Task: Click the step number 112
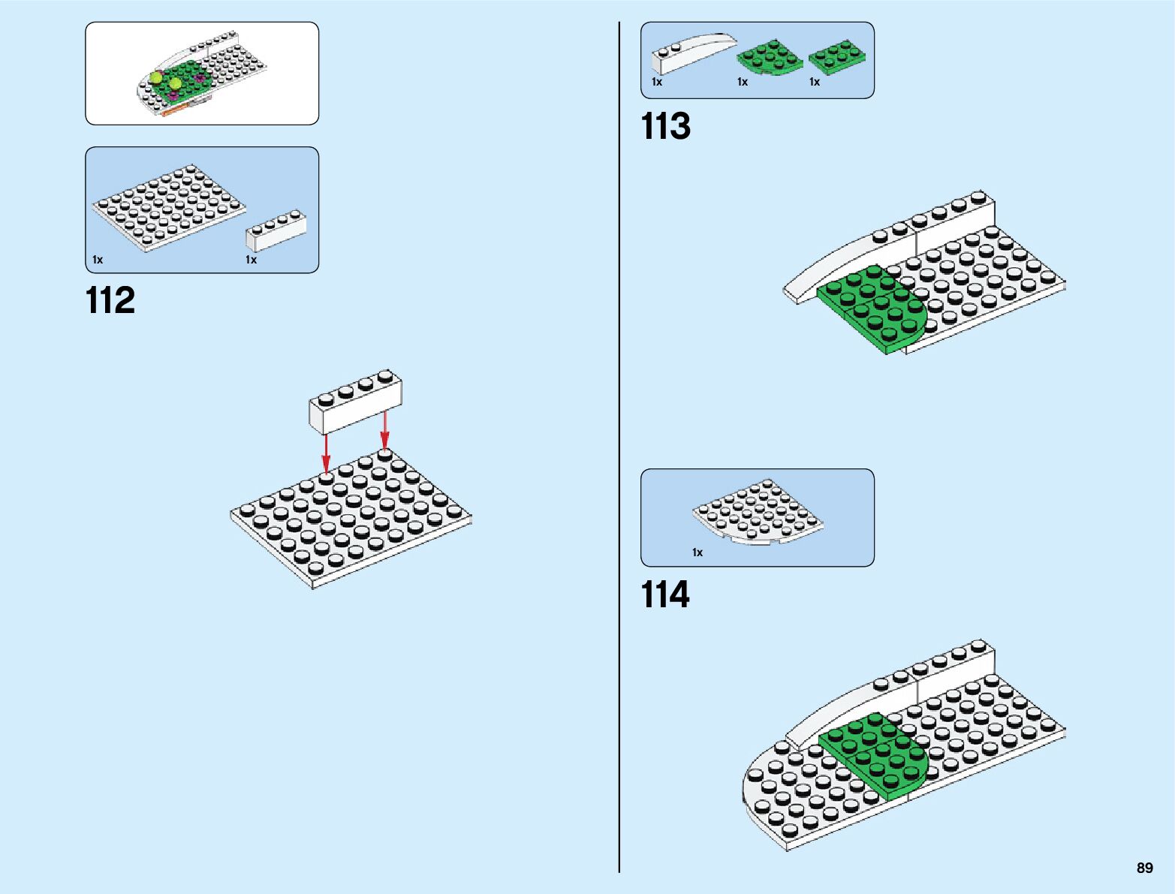pos(110,301)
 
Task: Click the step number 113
pos(665,127)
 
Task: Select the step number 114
pos(665,595)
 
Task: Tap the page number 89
pos(1144,868)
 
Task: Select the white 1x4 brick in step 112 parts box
pos(276,232)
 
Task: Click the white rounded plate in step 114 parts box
pos(757,511)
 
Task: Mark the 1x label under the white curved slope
pos(657,82)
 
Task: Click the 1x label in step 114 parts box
pos(697,552)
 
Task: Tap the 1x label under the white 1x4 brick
pos(251,260)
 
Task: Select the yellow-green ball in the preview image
pos(157,77)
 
